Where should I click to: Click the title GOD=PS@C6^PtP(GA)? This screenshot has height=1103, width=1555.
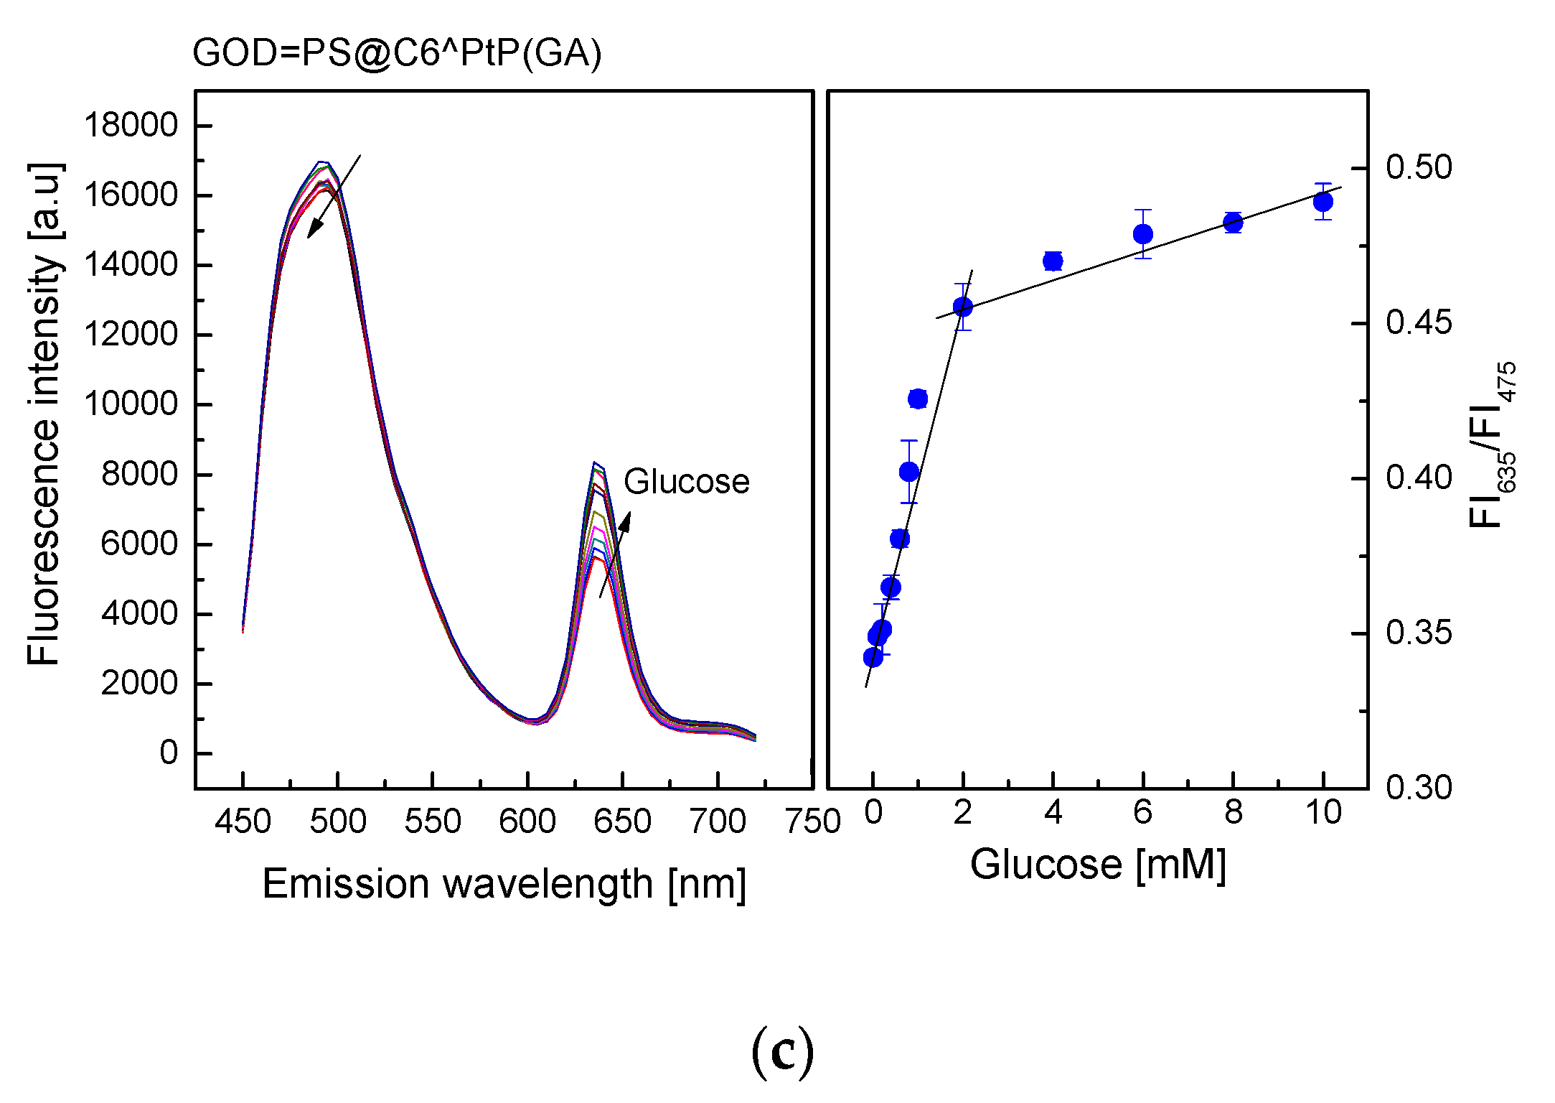[397, 54]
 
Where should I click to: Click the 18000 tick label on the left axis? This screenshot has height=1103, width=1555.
[131, 126]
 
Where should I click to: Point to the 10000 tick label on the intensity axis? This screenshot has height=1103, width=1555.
[131, 404]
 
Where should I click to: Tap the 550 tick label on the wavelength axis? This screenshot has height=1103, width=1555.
[432, 821]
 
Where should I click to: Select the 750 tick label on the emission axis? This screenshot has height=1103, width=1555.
[812, 821]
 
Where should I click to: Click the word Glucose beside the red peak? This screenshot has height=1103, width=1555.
[686, 481]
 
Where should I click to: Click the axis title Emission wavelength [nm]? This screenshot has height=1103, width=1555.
[504, 883]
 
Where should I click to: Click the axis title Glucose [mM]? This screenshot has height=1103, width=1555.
[1098, 864]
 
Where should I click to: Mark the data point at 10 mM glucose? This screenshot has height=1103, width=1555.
[1323, 202]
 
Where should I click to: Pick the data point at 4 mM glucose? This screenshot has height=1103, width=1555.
[1053, 261]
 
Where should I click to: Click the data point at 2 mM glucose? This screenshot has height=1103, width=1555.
[963, 307]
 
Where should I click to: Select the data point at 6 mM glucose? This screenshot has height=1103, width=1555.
[1143, 234]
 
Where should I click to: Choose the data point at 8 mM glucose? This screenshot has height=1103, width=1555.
[1233, 223]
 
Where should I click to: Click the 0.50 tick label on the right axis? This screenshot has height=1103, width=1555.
[1418, 167]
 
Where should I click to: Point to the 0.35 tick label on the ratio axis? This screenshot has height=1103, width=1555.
[1418, 633]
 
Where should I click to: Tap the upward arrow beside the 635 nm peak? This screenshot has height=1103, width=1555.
[616, 553]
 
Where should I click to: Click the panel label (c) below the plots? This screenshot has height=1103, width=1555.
[782, 1051]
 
